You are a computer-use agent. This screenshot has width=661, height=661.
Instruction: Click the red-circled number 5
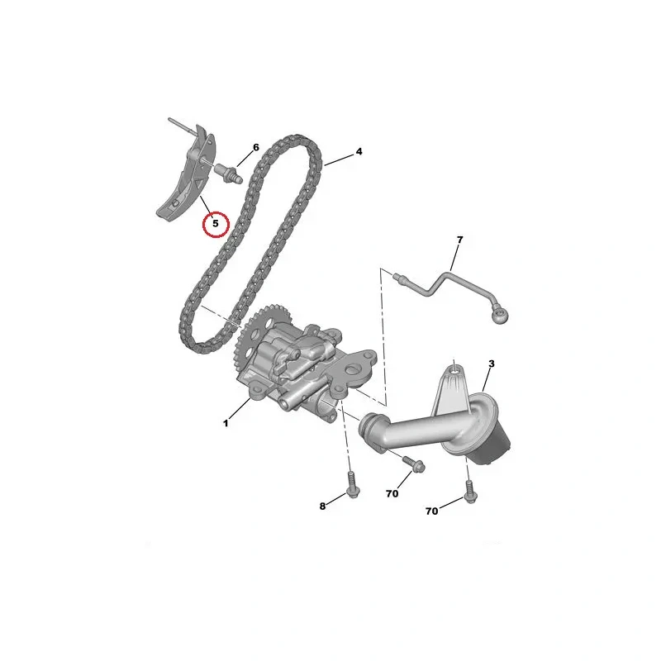pos(216,223)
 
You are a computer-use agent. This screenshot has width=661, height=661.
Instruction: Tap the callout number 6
pos(256,148)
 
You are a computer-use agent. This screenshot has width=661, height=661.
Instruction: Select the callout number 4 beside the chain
pos(359,151)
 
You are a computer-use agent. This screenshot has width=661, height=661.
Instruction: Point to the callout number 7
pos(459,240)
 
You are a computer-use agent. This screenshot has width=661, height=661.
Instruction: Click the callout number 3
pos(491,364)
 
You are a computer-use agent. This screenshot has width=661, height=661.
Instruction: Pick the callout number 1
pos(226,423)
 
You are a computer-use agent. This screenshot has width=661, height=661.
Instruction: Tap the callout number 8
pos(322,506)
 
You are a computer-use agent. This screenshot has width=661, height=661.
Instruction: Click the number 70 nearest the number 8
pos(392,493)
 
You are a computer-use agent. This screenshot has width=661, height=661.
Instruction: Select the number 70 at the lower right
pos(431,511)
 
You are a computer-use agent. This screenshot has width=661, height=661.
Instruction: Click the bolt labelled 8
pos(352,484)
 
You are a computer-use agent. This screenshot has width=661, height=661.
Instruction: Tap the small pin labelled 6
pos(230,174)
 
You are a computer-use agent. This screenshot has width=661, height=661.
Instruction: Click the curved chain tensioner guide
pos(188,176)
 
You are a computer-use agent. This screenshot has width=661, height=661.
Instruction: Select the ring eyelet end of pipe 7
pos(501,314)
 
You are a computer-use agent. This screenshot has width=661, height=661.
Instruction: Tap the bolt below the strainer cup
pos(470,492)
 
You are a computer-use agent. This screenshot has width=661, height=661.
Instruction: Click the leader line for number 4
pos(339,159)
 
